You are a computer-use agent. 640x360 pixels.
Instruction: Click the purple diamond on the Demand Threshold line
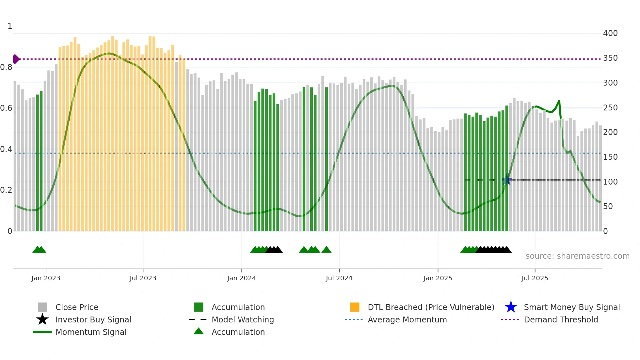point(16,59)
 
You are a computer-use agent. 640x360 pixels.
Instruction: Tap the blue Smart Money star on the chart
point(507,180)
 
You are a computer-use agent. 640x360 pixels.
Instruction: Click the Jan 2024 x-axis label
point(241,278)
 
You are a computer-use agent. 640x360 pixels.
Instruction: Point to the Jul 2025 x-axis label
point(535,278)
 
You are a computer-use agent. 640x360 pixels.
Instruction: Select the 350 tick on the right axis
point(610,58)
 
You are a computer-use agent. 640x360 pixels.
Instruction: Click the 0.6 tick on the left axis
point(6,108)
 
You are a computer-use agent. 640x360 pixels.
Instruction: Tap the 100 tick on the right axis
point(610,182)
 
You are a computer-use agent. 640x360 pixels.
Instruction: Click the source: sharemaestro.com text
point(577,256)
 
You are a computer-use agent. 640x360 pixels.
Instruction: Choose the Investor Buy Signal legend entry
point(93,319)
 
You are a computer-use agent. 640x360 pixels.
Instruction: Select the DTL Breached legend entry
point(431,307)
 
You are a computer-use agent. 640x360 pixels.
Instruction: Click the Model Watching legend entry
point(242,319)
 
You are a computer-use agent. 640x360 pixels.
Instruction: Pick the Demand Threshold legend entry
point(561,319)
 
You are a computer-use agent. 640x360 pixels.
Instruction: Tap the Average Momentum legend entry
point(407,319)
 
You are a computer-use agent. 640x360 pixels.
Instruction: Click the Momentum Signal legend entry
point(91,332)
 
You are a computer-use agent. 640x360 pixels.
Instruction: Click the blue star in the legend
point(511,307)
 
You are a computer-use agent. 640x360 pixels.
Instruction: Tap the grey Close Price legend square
point(42,307)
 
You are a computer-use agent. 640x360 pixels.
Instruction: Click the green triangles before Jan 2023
point(39,250)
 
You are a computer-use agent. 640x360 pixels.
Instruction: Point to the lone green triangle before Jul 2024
point(326,250)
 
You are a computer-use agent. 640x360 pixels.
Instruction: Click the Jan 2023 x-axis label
point(46,278)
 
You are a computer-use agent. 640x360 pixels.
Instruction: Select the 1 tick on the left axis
point(10,26)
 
